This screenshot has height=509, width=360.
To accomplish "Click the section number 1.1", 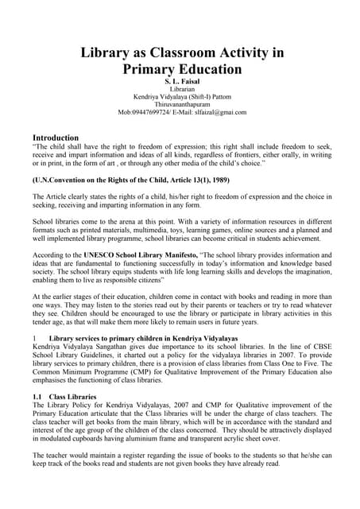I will point(37,418).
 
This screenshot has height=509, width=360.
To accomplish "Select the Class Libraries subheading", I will point(75,418).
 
